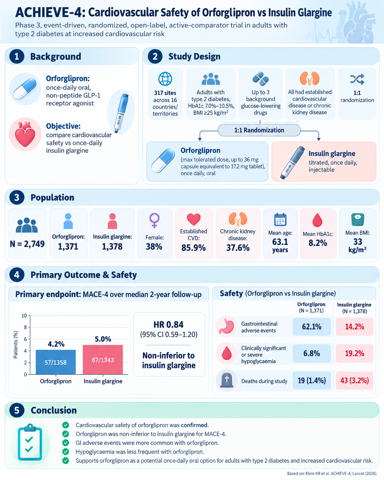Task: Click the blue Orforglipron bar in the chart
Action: [x=55, y=362]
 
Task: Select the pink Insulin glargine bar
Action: [x=103, y=359]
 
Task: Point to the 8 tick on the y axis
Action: [x=25, y=327]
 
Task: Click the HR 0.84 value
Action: [x=169, y=325]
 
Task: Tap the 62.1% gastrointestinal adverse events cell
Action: [x=311, y=327]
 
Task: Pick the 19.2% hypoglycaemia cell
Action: [x=355, y=353]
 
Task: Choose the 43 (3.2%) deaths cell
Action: [x=355, y=380]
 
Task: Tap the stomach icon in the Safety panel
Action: [x=227, y=326]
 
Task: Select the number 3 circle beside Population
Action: [x=17, y=198]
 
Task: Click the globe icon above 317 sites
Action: [x=165, y=79]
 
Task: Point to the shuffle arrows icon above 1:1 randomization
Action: [x=357, y=79]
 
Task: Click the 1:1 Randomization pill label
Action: [x=259, y=130]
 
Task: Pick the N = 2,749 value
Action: [x=27, y=244]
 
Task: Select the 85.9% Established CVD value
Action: [x=194, y=248]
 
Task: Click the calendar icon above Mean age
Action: [x=280, y=219]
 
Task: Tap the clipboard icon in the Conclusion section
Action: [x=30, y=442]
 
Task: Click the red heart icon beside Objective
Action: [x=25, y=134]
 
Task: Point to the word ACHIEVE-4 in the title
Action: [x=50, y=12]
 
